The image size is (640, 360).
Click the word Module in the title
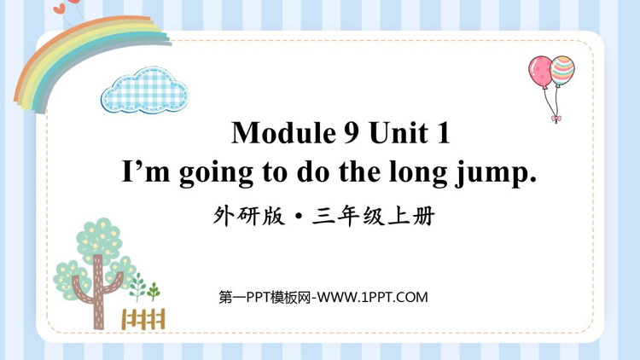point(283,133)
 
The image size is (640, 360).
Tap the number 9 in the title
point(351,133)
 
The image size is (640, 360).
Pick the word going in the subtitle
point(216,174)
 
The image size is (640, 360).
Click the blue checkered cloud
point(145,90)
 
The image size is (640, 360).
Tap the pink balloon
point(539,71)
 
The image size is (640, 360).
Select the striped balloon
point(562,70)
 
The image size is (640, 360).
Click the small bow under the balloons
point(556,119)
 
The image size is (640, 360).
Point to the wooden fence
point(143,319)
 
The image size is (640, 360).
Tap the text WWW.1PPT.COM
point(373,297)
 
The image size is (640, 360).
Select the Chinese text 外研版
point(248,217)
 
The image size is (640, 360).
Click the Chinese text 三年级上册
point(373,217)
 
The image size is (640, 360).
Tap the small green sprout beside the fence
point(154,291)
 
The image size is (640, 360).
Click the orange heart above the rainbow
point(60,9)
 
